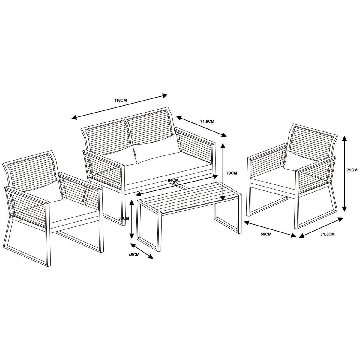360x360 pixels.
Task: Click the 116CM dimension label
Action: [121, 100]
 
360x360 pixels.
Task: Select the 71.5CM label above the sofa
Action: [207, 121]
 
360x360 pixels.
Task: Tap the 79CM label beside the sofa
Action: [232, 173]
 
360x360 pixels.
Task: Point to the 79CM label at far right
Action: [352, 170]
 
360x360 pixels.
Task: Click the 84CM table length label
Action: [173, 180]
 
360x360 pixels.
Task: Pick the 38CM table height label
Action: [124, 218]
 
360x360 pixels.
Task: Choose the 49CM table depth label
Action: [134, 255]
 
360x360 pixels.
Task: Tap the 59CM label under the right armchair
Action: [266, 240]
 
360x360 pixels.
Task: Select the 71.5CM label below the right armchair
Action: [328, 240]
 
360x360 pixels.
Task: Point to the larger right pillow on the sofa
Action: [157, 149]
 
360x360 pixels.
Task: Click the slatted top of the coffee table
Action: [188, 198]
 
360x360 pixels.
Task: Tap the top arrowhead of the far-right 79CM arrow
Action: [345, 138]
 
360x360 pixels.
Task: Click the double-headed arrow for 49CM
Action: [142, 251]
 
